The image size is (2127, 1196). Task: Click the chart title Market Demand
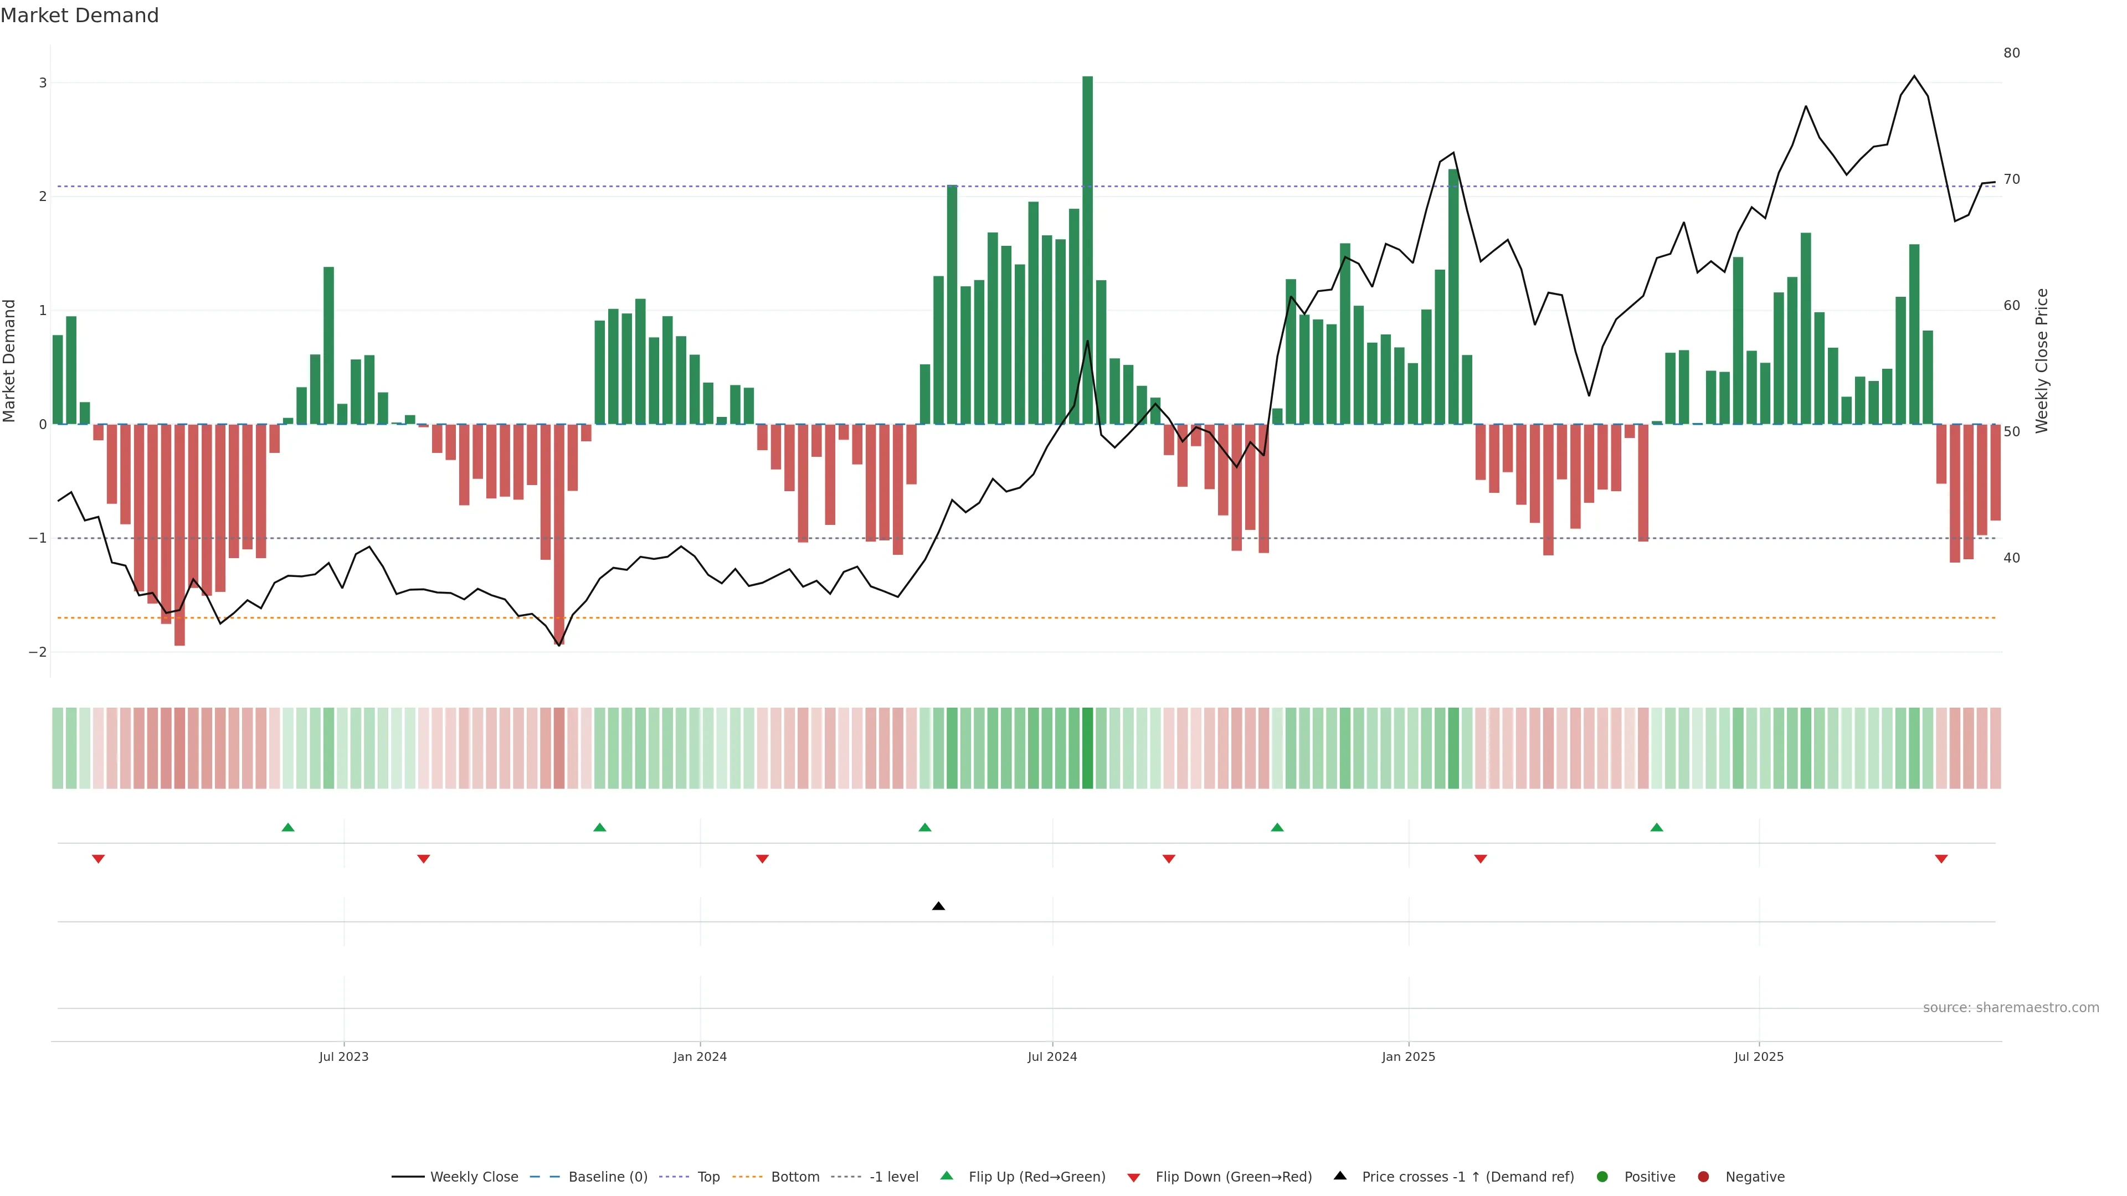(79, 16)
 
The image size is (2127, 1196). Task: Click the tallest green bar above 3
(1087, 248)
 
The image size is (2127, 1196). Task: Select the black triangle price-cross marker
(938, 906)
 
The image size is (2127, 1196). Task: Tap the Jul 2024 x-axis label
(1052, 1056)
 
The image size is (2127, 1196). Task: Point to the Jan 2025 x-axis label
(1408, 1056)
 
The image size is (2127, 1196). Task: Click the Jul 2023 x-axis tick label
(343, 1056)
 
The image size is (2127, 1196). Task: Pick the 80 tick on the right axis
(2011, 53)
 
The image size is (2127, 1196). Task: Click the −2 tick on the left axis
(38, 652)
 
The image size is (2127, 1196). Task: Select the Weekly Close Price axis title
(2042, 360)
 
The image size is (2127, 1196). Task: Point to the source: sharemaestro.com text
(2011, 1008)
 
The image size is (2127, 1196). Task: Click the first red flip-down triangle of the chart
(98, 859)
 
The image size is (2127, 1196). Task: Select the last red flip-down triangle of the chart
(1941, 859)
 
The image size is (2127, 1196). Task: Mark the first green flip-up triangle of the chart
(288, 827)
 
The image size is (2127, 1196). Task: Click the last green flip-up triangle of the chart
(1656, 827)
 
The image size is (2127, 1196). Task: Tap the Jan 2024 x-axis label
(700, 1056)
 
